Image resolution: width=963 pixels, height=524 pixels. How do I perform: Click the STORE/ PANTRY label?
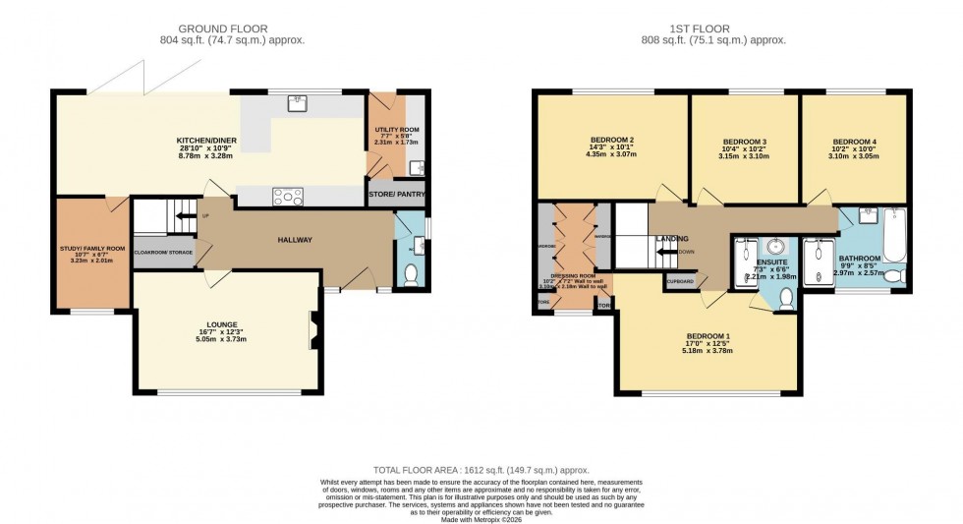[397, 194]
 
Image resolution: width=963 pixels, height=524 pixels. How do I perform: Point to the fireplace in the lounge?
[314, 326]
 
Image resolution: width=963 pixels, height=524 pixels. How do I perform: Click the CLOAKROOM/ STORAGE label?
[164, 253]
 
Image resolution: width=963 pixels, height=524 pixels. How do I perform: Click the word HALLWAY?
[294, 240]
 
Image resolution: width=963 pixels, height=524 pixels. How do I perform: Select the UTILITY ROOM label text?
[397, 130]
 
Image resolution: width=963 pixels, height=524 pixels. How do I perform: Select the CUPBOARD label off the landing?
[680, 282]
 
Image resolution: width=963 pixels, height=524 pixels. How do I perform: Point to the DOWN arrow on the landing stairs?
[671, 251]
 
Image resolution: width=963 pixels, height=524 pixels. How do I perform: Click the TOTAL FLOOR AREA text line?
[481, 472]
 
